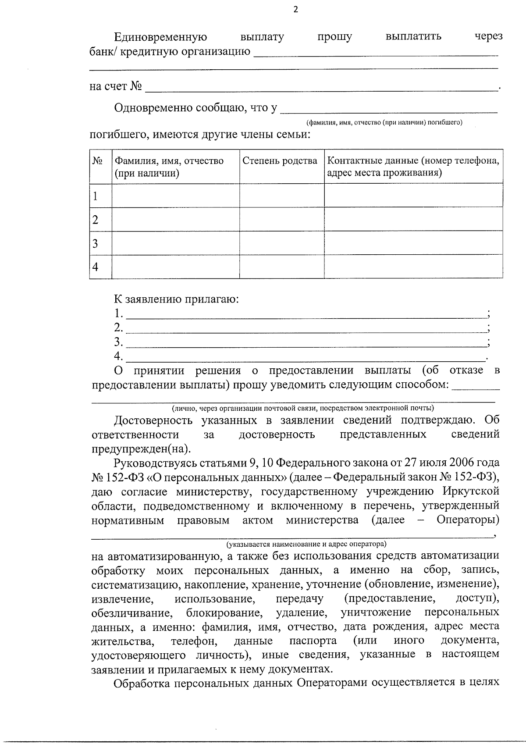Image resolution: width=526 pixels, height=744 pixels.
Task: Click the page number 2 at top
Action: pyautogui.click(x=295, y=10)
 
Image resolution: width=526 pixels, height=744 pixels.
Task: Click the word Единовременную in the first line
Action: pyautogui.click(x=160, y=36)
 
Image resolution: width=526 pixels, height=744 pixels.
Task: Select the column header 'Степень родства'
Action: pyautogui.click(x=280, y=161)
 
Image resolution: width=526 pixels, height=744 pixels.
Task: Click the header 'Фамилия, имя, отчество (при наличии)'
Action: pyautogui.click(x=169, y=167)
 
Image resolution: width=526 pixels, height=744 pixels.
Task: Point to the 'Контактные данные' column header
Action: pyautogui.click(x=413, y=167)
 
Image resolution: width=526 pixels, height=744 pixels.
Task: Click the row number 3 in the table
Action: pyautogui.click(x=95, y=243)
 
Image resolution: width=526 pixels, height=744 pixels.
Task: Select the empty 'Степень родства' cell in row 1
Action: pyautogui.click(x=281, y=196)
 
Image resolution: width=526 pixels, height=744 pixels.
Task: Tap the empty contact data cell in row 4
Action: pyautogui.click(x=413, y=267)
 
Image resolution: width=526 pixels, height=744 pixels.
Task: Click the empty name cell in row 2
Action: pyautogui.click(x=175, y=219)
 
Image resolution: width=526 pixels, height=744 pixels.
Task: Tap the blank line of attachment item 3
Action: pyautogui.click(x=306, y=342)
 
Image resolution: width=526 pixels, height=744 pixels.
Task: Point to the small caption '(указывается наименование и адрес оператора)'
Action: pyautogui.click(x=306, y=544)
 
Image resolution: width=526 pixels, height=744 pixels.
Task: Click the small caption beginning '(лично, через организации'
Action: pyautogui.click(x=303, y=408)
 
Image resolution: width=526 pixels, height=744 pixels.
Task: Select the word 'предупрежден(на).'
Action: pyautogui.click(x=141, y=449)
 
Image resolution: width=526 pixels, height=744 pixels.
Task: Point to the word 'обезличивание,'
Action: pyautogui.click(x=131, y=612)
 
